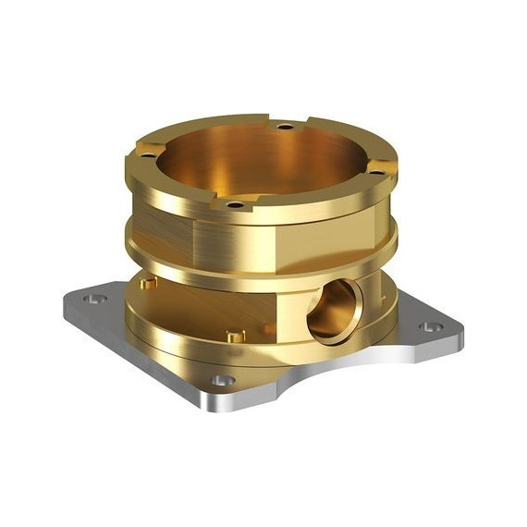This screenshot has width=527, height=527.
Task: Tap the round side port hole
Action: coord(332,310)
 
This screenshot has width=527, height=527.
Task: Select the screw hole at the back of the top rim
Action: coord(286,126)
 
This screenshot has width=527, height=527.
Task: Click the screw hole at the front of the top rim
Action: coord(236,203)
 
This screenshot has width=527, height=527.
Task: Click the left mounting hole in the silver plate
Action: coord(91,299)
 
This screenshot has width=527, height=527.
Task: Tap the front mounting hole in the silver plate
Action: coord(218,380)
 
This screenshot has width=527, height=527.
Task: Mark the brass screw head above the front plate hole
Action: coord(235,337)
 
